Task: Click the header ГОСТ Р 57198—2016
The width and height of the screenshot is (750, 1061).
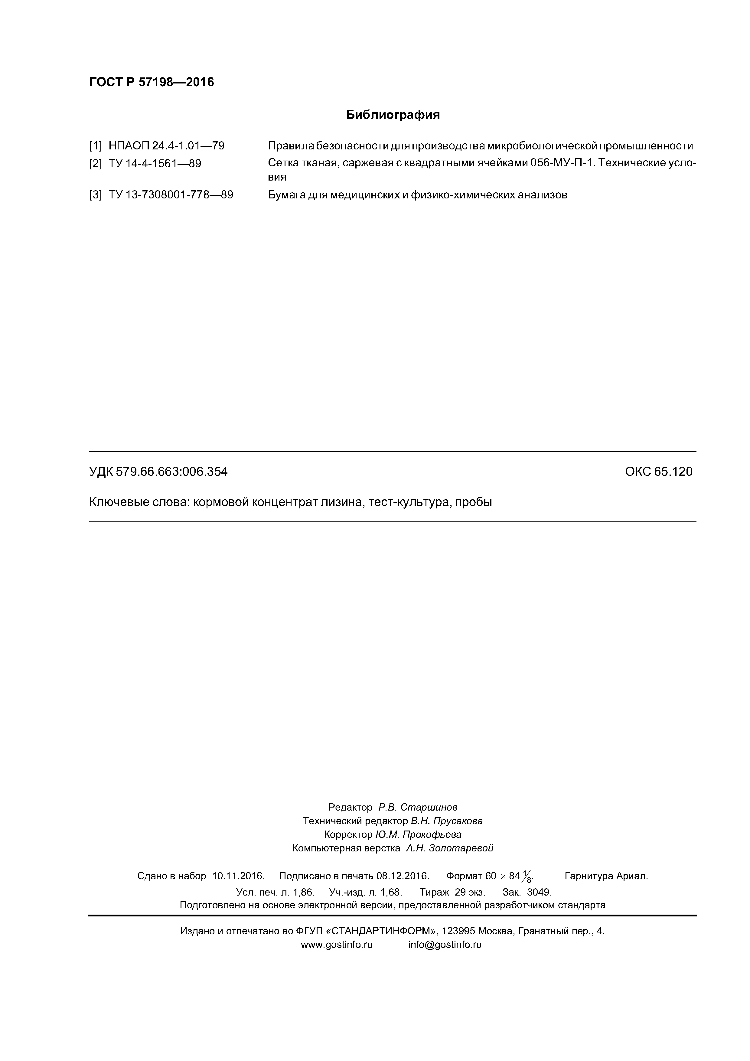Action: (x=151, y=82)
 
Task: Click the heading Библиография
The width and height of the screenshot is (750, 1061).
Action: (x=393, y=115)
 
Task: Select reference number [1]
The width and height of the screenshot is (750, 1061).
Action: (x=95, y=146)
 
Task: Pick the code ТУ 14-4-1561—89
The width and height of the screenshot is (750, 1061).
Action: (x=155, y=164)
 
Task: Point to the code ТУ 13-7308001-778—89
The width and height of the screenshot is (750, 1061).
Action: (x=171, y=195)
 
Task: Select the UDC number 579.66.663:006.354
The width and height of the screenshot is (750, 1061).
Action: (x=171, y=472)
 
